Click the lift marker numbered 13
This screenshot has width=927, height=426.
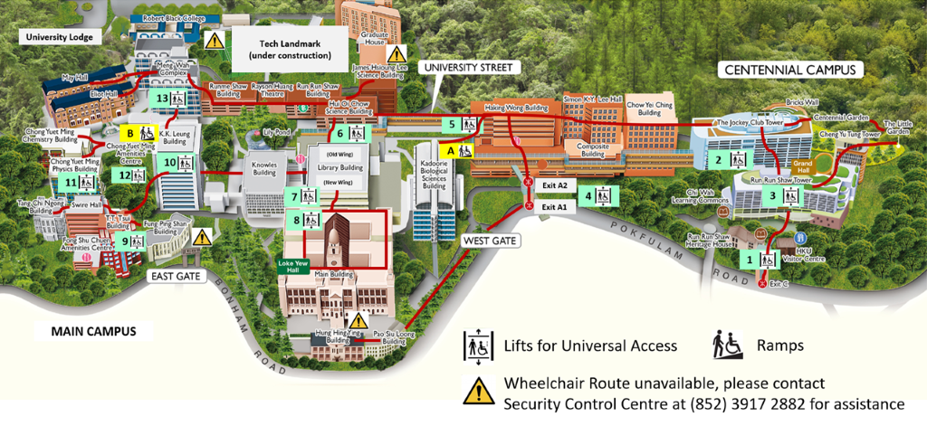[x=169, y=99]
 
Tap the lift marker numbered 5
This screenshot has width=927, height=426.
[x=460, y=124]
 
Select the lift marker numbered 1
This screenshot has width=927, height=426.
[x=759, y=259]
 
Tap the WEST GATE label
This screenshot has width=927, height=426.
[x=488, y=241]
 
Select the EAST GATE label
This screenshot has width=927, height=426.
[x=175, y=274]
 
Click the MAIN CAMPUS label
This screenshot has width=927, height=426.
[x=86, y=332]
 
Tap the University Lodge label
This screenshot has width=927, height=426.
[x=61, y=37]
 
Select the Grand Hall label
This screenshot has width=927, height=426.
[x=803, y=168]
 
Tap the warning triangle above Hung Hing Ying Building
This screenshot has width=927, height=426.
[x=358, y=320]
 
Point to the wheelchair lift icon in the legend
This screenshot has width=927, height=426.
[x=477, y=346]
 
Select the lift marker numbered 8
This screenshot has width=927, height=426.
[x=304, y=220]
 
